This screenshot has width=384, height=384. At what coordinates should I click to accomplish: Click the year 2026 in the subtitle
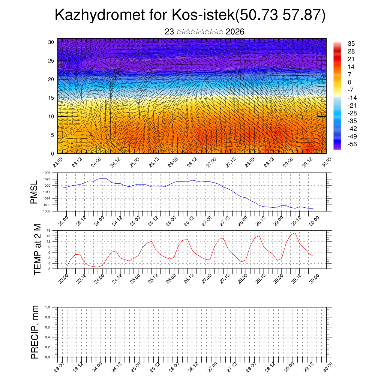[x=235, y=32]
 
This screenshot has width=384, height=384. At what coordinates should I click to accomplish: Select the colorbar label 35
[x=351, y=44]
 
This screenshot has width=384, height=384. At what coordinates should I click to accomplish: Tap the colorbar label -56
[x=353, y=144]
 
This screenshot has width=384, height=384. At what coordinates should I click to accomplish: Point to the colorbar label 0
[x=349, y=82]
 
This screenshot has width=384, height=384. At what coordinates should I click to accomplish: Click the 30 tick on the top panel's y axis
[x=51, y=42]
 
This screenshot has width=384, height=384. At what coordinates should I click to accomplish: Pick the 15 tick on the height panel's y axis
[x=51, y=98]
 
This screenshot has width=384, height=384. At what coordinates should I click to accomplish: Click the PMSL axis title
[x=34, y=192]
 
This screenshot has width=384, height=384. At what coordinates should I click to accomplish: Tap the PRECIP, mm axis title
[x=34, y=332]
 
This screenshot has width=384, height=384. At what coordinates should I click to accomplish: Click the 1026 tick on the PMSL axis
[x=46, y=173]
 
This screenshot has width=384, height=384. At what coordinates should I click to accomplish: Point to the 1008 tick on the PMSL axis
[x=46, y=211]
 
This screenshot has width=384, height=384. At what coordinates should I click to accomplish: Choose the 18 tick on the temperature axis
[x=48, y=230]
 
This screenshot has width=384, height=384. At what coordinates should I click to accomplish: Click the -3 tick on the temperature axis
[x=48, y=269]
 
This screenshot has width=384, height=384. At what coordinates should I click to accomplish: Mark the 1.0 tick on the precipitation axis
[x=48, y=307]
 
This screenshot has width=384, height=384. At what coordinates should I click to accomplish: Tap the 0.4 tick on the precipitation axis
[x=48, y=337]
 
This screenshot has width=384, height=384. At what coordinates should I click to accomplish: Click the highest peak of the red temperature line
[x=295, y=233]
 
